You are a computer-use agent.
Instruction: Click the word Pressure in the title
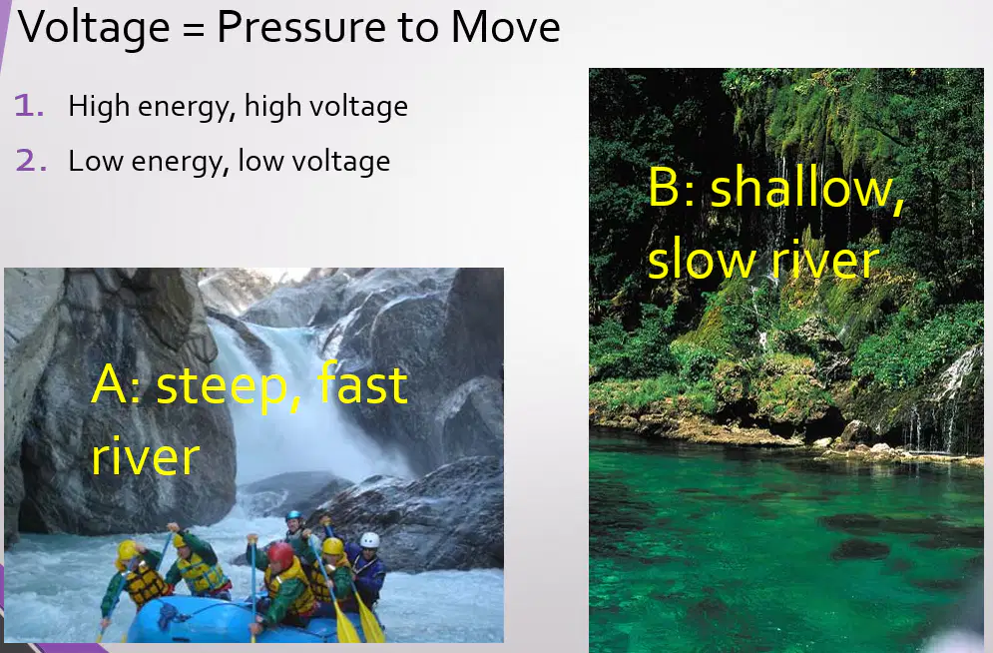(x=301, y=27)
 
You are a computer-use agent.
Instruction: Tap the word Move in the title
(x=505, y=27)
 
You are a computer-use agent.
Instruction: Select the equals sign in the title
(x=194, y=30)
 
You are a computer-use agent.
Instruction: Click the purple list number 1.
(x=29, y=105)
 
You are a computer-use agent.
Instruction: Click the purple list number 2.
(x=31, y=160)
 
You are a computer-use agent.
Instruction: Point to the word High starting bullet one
(x=98, y=107)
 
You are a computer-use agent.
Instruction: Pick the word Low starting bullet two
(x=96, y=161)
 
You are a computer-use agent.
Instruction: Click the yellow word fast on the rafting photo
(x=362, y=382)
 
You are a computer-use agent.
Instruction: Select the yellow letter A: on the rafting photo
(x=115, y=385)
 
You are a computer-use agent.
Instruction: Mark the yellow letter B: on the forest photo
(x=673, y=188)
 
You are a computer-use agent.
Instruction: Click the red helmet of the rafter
(x=279, y=555)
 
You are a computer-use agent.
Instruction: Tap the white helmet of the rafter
(x=370, y=540)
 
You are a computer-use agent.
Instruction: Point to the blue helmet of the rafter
(x=293, y=516)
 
